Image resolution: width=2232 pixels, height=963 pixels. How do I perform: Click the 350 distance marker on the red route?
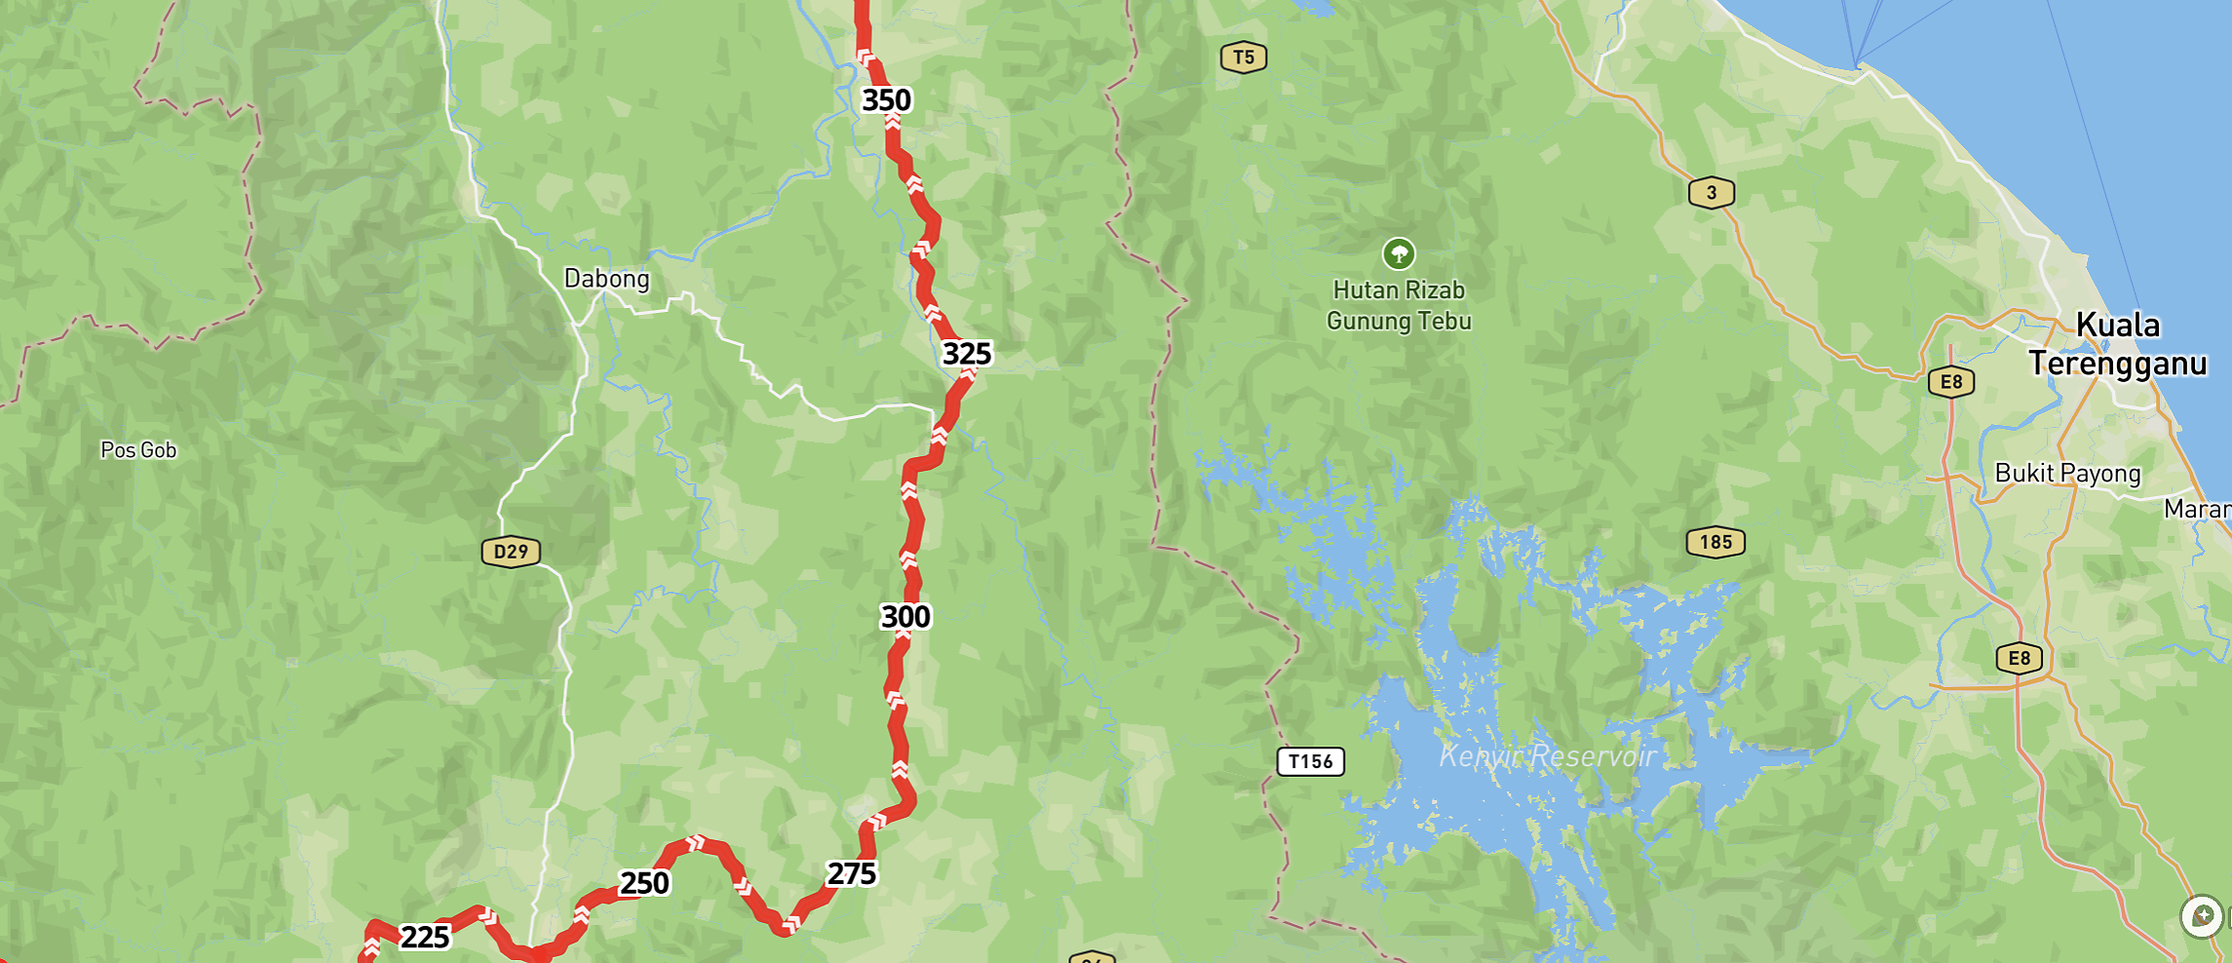tap(886, 100)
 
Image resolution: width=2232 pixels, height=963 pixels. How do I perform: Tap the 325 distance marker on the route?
tap(966, 354)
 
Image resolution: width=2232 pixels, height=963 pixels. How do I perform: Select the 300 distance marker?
tap(905, 617)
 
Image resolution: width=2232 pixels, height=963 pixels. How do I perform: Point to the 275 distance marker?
tap(851, 874)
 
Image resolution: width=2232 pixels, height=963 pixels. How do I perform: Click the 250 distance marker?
tap(644, 883)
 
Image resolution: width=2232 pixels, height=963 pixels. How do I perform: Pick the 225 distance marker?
tap(425, 938)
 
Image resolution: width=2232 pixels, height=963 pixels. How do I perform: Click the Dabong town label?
tap(606, 279)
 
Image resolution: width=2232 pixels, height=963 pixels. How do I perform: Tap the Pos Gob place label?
tap(138, 450)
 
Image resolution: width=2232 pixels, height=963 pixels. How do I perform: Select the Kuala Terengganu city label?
tap(2117, 344)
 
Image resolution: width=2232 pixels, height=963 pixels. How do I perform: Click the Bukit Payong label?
tap(2067, 474)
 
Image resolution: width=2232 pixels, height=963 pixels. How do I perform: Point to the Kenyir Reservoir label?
tap(1548, 755)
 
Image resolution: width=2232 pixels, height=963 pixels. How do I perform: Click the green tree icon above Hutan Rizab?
tap(1399, 254)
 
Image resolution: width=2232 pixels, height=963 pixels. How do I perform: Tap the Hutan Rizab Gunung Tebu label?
tap(1399, 305)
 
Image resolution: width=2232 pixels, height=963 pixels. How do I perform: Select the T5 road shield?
tap(1244, 58)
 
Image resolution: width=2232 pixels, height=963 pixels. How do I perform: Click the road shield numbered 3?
tap(1711, 193)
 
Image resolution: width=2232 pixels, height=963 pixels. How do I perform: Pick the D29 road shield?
tap(511, 553)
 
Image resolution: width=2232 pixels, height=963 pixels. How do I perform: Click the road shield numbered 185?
tap(1715, 543)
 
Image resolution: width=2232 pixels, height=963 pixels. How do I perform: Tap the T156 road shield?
tap(1310, 761)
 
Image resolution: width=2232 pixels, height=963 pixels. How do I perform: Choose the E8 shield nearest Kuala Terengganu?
tap(1950, 382)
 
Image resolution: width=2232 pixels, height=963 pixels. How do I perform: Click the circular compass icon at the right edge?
tap(2202, 916)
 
